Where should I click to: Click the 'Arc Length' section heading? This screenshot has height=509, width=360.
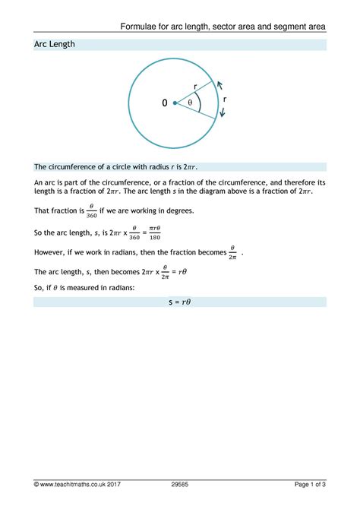tap(55, 45)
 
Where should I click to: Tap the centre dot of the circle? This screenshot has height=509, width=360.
tap(175, 103)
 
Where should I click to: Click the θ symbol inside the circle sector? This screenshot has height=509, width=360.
tap(191, 103)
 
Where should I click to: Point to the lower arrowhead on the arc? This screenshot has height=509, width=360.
tap(223, 114)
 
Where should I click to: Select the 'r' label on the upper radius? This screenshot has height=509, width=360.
tap(195, 86)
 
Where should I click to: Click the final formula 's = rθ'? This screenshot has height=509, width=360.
tap(179, 302)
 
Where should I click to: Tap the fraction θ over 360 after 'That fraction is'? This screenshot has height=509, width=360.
tap(91, 210)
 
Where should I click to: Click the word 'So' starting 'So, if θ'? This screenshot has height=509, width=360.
tap(39, 289)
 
